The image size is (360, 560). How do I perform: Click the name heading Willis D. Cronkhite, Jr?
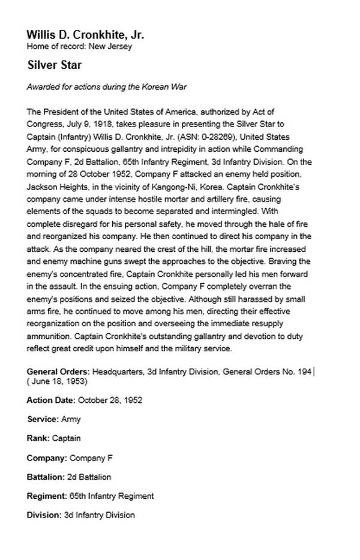coord(85,35)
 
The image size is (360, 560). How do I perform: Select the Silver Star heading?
coord(54,64)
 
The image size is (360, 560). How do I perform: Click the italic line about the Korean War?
coord(107,87)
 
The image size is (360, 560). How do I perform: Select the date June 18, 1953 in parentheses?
coord(58,382)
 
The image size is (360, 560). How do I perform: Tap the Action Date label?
coord(50,400)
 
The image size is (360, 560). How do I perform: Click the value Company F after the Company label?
coord(91,457)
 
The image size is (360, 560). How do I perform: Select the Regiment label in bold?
coord(46,496)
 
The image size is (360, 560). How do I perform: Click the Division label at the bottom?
coord(43,515)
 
